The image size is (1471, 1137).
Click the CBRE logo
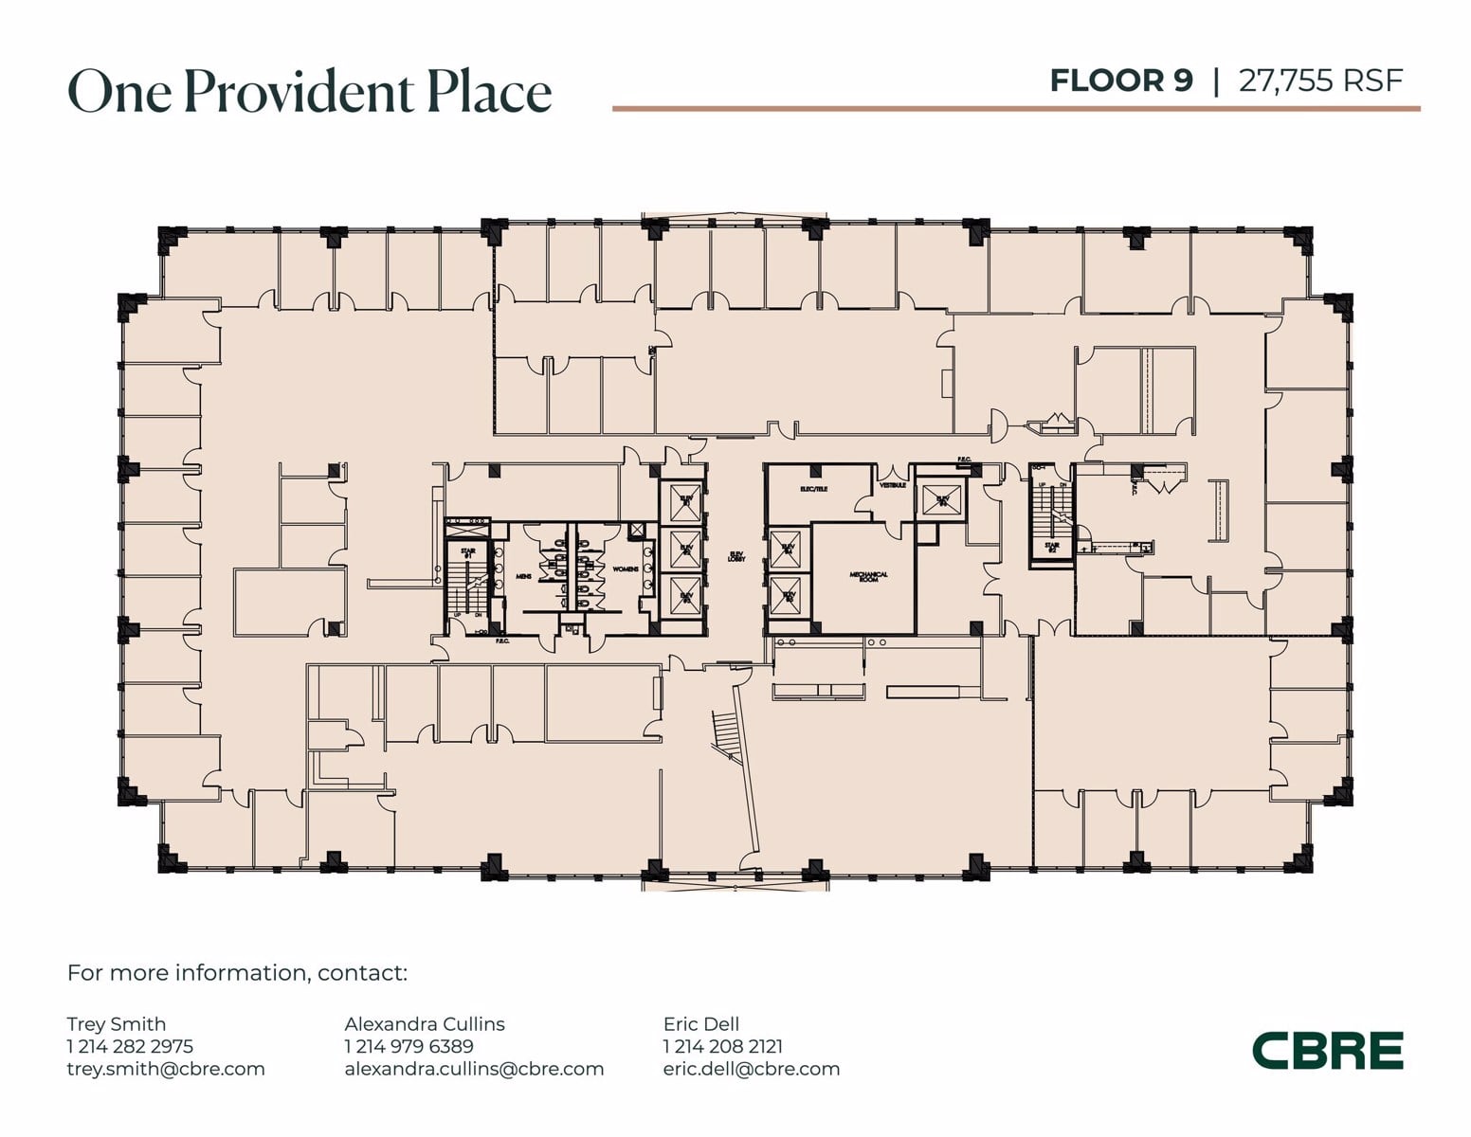point(1327,1050)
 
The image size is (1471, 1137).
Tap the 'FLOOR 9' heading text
point(1120,81)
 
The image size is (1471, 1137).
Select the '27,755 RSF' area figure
point(1320,81)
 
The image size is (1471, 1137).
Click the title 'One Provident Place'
point(309,92)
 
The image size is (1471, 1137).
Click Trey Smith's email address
point(166,1069)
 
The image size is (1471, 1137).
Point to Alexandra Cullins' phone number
point(409,1046)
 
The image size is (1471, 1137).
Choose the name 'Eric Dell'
point(701,1023)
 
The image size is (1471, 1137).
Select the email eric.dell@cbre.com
point(752,1069)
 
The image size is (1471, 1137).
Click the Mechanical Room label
point(868,576)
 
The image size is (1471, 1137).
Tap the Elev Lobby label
point(736,557)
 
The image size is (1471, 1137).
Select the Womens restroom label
point(626,569)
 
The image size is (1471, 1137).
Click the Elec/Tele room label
point(813,489)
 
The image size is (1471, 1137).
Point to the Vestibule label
point(893,485)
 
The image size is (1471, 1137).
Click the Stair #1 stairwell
point(465,583)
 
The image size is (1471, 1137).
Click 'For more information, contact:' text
point(237,973)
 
